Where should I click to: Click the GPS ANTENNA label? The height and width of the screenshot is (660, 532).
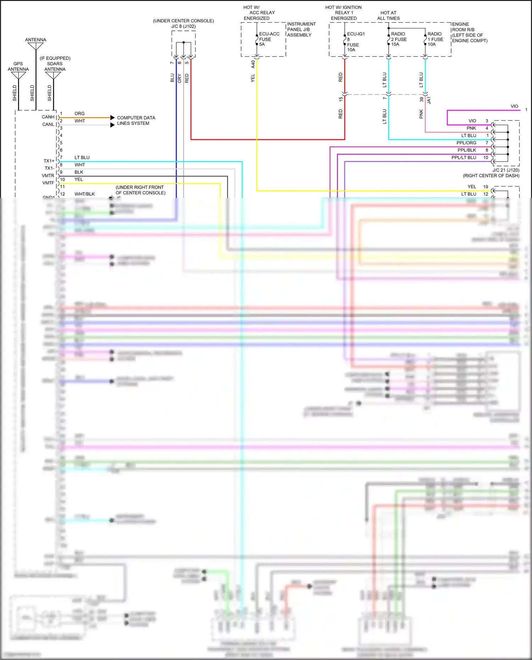click(18, 67)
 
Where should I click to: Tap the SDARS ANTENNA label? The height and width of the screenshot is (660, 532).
click(55, 66)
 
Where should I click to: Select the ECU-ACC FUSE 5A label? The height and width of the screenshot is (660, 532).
click(269, 39)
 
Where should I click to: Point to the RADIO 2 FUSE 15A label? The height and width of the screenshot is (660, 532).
click(399, 39)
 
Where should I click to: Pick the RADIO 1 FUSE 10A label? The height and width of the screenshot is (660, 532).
click(435, 39)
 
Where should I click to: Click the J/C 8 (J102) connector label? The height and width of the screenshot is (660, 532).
click(183, 26)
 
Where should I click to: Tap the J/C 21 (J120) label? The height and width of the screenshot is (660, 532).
click(506, 170)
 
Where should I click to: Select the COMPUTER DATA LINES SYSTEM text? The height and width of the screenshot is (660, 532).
click(136, 121)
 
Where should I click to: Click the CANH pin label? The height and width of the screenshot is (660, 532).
click(48, 117)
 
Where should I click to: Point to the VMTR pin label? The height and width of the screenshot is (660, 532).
click(48, 176)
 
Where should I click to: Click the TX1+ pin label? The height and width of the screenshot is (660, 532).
click(49, 161)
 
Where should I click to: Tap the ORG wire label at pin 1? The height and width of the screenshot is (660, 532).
click(79, 113)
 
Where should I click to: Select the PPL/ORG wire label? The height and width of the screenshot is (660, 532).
click(466, 143)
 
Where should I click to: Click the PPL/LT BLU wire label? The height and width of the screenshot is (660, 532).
click(464, 157)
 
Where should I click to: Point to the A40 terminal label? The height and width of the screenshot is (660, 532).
click(253, 64)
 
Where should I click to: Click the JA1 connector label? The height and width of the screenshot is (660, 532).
click(429, 100)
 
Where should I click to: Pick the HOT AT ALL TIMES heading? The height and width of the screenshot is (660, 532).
click(388, 16)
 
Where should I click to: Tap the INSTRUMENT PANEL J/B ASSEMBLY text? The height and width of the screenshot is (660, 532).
click(301, 29)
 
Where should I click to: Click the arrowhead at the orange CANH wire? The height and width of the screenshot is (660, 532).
click(112, 117)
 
